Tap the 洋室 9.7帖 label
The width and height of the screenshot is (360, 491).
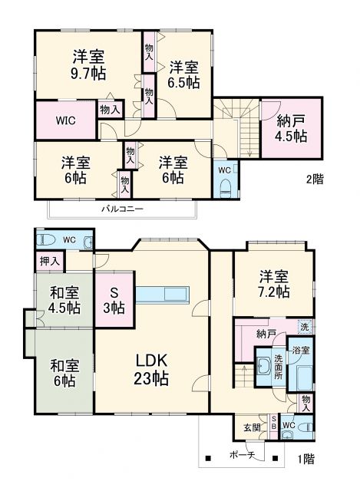pos(90,64)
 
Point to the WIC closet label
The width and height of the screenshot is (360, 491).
pos(65,120)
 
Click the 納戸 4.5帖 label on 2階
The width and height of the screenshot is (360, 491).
pos(292,127)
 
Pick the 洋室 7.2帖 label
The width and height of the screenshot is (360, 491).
pos(272,284)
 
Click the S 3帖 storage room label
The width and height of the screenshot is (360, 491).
pos(114,300)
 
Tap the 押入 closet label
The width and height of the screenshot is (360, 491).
pos(50,261)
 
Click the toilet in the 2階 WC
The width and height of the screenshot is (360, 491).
pos(224,188)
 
